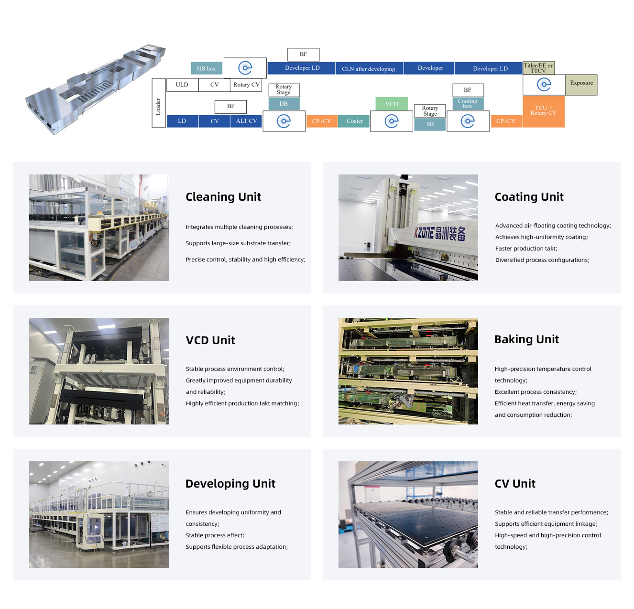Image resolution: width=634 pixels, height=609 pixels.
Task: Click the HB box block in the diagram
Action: click(207, 68)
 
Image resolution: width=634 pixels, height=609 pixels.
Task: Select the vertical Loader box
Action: click(158, 103)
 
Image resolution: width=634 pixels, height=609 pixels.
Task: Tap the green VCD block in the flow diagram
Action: click(392, 104)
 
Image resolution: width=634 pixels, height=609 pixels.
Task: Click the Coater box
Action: click(355, 121)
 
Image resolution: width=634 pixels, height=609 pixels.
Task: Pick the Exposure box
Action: click(581, 84)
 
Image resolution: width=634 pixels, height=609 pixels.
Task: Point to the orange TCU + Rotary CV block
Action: click(544, 111)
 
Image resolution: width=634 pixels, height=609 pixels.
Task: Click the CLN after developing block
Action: click(369, 68)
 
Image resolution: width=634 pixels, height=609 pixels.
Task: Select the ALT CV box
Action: click(246, 121)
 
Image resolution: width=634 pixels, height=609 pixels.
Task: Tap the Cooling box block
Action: click(468, 103)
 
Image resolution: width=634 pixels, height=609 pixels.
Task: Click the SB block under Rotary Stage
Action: click(430, 124)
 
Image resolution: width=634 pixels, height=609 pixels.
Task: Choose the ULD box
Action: click(182, 85)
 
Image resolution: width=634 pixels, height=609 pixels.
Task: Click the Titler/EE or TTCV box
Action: click(538, 68)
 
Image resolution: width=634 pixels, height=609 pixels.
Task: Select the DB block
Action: click(284, 104)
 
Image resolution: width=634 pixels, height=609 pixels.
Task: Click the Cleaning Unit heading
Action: click(223, 197)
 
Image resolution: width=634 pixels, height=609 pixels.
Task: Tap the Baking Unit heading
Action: click(526, 339)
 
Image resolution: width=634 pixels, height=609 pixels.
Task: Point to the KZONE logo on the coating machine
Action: click(440, 233)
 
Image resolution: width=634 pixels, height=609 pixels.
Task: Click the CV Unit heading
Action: click(515, 484)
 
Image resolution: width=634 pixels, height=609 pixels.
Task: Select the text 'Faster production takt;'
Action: click(526, 249)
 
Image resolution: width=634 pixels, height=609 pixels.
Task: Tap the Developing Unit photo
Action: click(99, 514)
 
